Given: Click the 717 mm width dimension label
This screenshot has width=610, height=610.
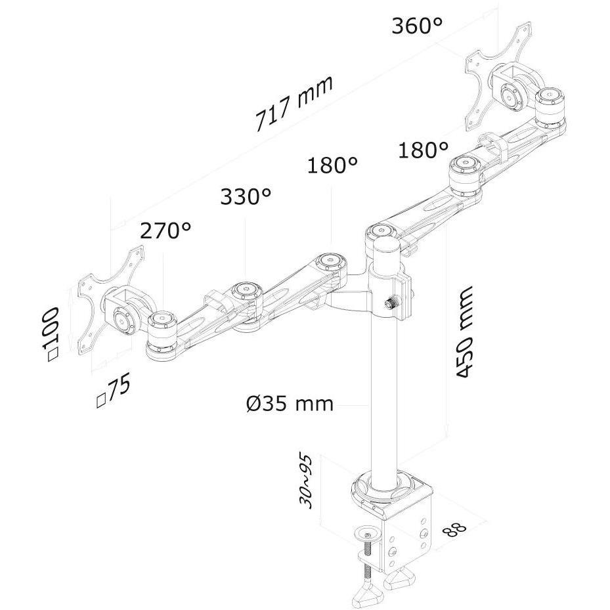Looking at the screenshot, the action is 294,103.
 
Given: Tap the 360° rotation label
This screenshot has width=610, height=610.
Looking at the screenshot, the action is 417,26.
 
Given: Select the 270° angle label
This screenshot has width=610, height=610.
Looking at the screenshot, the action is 165,230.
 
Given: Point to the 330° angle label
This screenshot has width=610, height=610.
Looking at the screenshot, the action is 246,196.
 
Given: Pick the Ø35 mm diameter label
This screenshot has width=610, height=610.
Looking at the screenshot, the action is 290,403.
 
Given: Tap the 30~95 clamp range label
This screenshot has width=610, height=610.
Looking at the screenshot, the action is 305,481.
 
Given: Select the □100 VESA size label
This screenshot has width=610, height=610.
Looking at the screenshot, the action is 52,334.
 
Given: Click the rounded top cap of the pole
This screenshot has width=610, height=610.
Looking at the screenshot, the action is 387,247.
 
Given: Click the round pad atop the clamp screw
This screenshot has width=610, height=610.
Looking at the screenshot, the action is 368,533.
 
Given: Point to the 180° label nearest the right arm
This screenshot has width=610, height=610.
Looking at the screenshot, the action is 424,150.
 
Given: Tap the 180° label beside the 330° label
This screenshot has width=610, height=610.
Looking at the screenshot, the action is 333,165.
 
